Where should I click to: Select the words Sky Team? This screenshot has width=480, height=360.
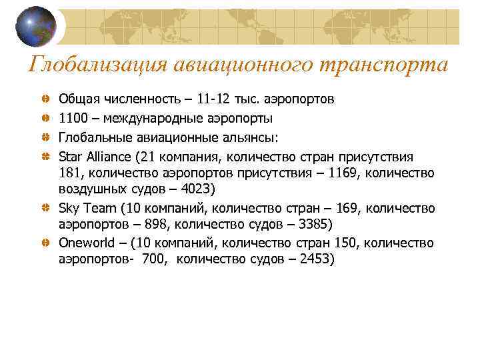click(x=88, y=208)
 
